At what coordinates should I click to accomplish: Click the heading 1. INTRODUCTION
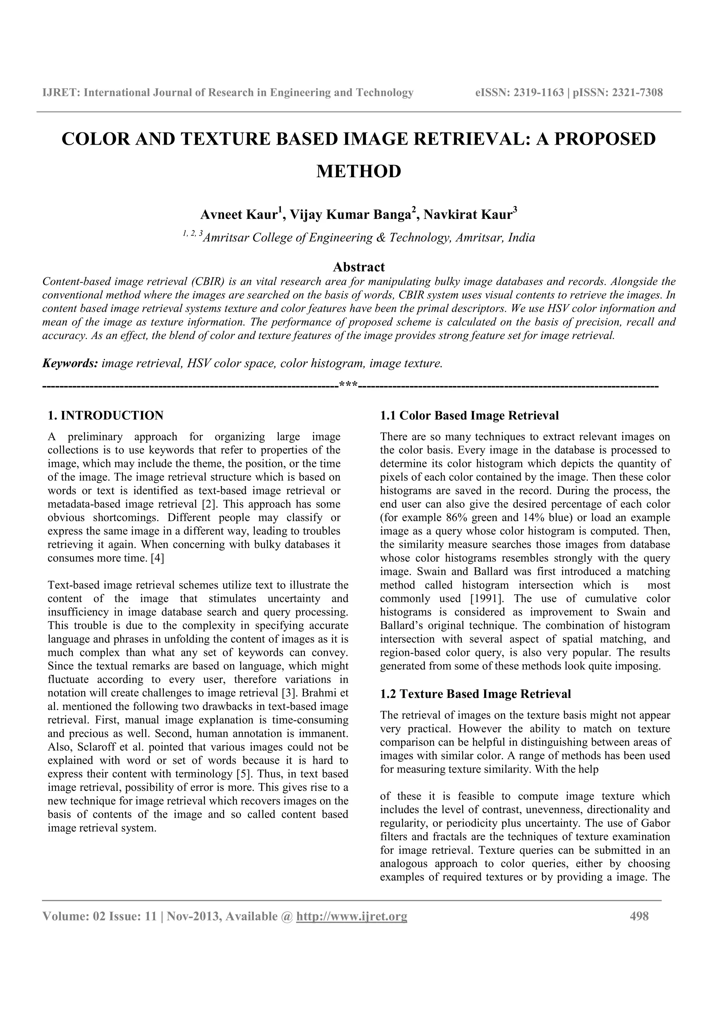pos(106,415)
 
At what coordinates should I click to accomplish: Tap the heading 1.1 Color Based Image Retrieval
pos(469,415)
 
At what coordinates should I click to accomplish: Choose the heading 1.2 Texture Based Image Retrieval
pos(475,694)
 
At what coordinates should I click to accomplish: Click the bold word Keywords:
pos(70,364)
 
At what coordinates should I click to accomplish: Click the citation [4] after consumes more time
pos(157,558)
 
